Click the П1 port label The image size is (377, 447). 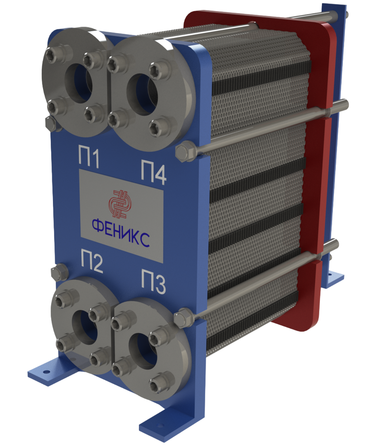pyautogui.click(x=89, y=157)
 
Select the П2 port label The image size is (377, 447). pyautogui.click(x=92, y=261)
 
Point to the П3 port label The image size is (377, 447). pyautogui.click(x=153, y=281)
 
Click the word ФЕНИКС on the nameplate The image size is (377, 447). pyautogui.click(x=121, y=230)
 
